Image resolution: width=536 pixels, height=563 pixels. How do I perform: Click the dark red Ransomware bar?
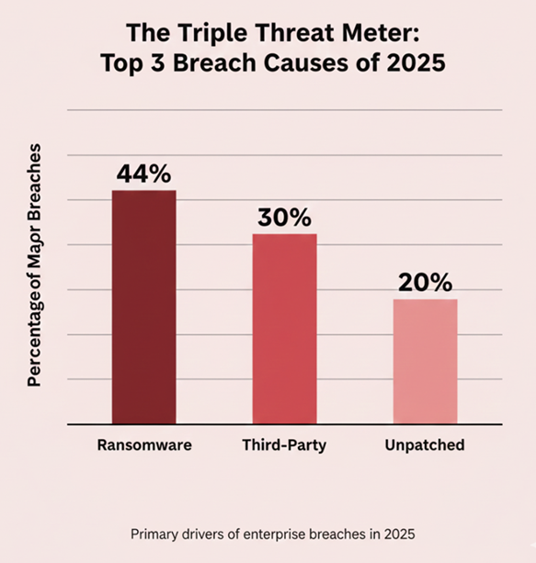(143, 308)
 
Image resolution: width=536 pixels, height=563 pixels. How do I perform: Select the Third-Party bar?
(284, 330)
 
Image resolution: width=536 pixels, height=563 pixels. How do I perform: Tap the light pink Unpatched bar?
(425, 362)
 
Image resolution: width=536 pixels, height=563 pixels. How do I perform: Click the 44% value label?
(144, 174)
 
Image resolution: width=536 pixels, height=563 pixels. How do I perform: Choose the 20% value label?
(425, 283)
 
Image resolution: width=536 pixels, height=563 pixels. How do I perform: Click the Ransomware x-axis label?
(144, 445)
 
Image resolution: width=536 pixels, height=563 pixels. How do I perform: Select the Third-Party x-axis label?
(284, 445)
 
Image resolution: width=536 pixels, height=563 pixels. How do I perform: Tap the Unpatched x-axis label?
(425, 445)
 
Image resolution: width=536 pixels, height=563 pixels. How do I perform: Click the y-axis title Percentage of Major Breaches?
(34, 264)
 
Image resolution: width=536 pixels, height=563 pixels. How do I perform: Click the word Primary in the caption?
(155, 534)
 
